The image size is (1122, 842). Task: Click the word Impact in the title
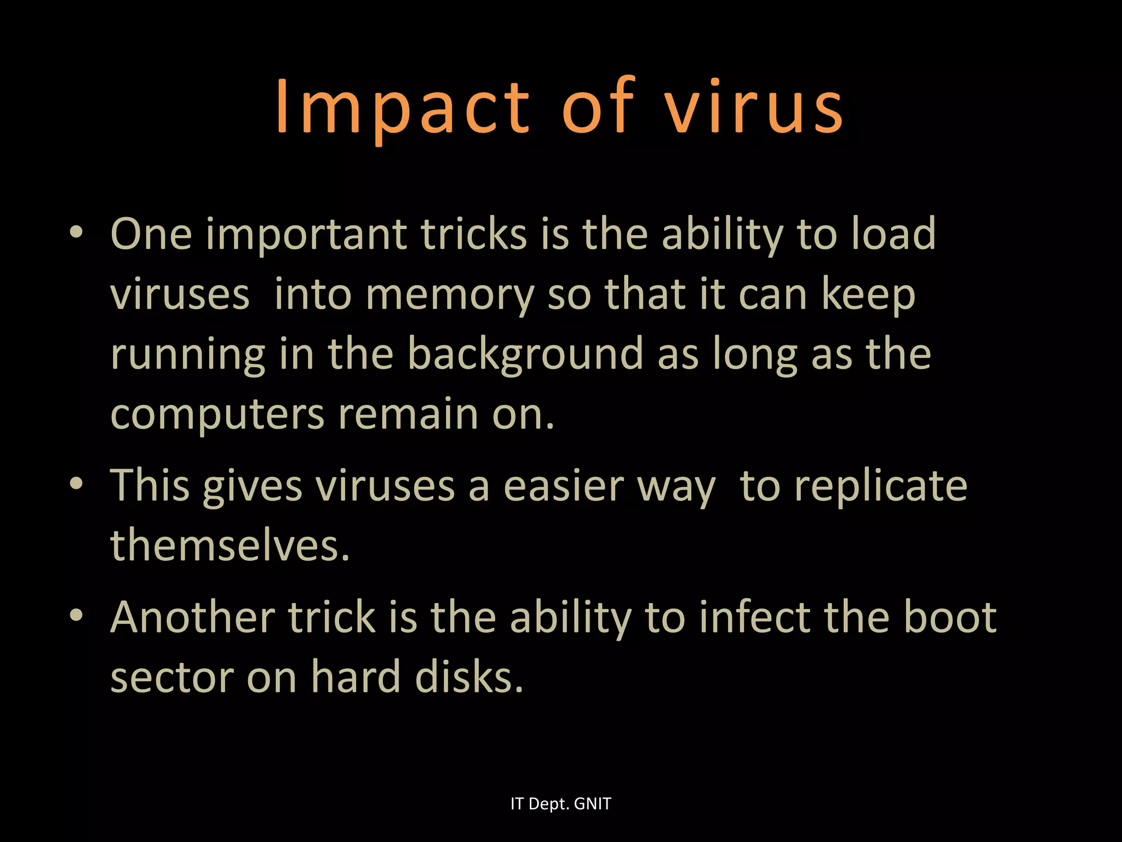[x=403, y=107]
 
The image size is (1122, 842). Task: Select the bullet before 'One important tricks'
[x=76, y=232]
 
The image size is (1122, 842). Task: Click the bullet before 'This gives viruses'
[x=76, y=483]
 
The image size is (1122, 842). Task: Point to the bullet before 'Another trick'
[x=76, y=615]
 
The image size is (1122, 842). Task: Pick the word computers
[x=217, y=416]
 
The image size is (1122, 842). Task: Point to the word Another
[x=192, y=618]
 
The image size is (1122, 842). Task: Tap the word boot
[x=949, y=618]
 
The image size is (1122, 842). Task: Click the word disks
[x=469, y=677]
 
